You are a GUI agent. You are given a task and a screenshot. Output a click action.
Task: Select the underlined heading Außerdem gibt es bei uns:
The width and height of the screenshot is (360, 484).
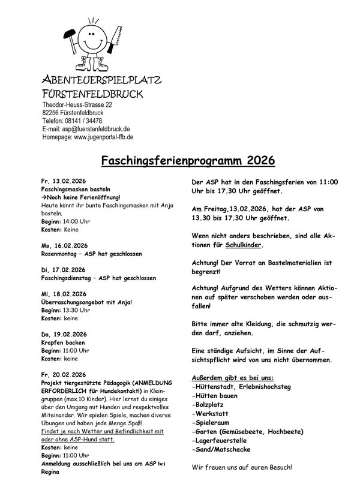[232, 378]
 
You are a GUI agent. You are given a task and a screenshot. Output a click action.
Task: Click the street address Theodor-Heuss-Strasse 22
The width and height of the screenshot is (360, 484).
[77, 104]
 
